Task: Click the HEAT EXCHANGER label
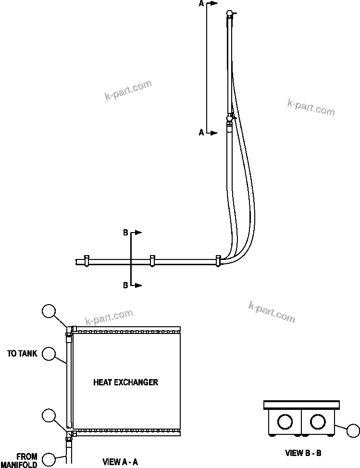(125, 382)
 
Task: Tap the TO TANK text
(22, 354)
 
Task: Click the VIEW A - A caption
(120, 462)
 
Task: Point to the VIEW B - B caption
(303, 453)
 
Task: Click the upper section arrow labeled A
(213, 3)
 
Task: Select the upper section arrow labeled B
(137, 233)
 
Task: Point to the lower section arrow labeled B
(137, 285)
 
